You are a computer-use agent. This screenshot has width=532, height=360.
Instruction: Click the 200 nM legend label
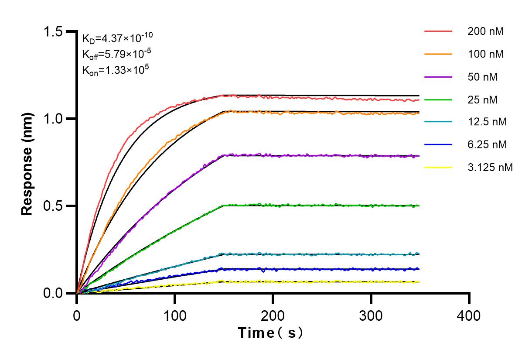point(485,31)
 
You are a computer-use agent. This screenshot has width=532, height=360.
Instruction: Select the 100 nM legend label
point(485,55)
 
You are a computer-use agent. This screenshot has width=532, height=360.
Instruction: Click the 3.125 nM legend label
point(490,167)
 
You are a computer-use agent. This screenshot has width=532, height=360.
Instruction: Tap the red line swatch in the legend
point(438,31)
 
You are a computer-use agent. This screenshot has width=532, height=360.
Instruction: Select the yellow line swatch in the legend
point(438,167)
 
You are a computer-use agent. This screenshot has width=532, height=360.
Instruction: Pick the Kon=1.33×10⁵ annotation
point(113,69)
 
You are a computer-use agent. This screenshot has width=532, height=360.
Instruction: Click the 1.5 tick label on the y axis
point(53,32)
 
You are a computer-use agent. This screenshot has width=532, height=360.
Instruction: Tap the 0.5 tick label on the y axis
point(53,206)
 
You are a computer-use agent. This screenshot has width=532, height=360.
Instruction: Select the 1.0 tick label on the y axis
point(53,119)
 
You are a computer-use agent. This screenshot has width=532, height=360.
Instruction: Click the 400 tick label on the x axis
point(469,315)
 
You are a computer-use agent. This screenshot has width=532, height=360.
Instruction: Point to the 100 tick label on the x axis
point(175,315)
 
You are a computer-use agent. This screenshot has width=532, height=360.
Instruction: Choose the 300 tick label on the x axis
point(371,315)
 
